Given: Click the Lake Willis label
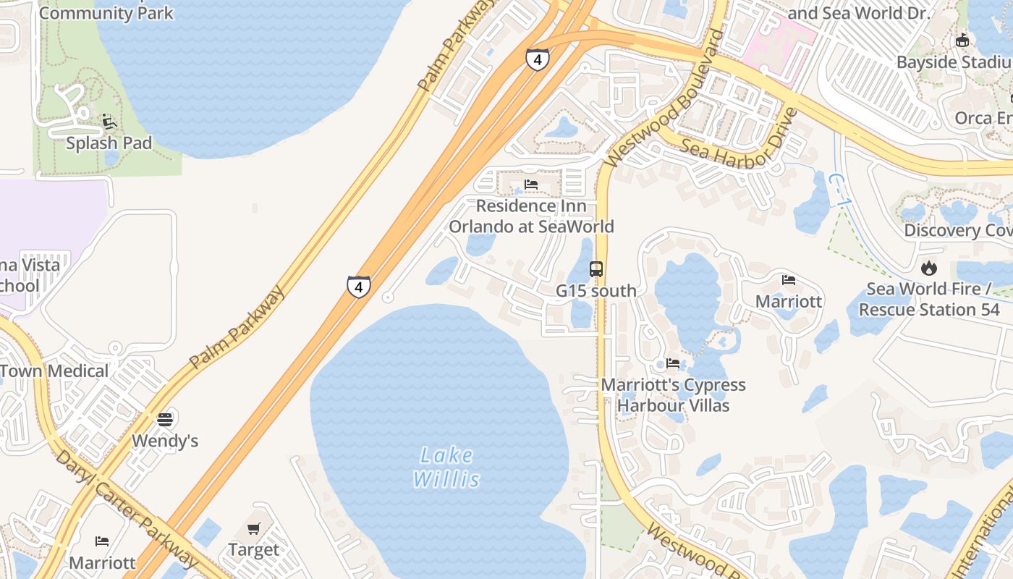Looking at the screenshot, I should coord(446,467).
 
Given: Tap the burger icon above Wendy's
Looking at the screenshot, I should coord(165,419).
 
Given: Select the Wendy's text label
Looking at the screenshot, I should coord(165,441).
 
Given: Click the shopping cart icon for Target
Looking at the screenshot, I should coord(253,529).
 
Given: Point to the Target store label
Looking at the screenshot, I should coord(253,550).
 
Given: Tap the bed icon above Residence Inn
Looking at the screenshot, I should coord(531,185).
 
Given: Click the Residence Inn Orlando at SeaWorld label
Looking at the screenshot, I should coord(531,216).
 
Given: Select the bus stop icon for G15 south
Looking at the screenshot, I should coord(595,269).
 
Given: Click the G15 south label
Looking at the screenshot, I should coord(595,291).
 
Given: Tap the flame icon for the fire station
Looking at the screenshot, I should coord(928,268).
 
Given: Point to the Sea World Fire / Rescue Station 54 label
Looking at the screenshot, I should coord(929,299).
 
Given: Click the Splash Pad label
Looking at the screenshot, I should coord(109,143).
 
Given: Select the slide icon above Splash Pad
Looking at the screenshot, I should coord(109,122).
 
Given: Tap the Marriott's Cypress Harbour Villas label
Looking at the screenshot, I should coord(673,395).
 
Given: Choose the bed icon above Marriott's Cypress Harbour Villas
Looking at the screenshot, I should coord(673,363).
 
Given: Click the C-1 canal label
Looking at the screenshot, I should coord(837,190).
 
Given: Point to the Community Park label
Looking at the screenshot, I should coord(106,13).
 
